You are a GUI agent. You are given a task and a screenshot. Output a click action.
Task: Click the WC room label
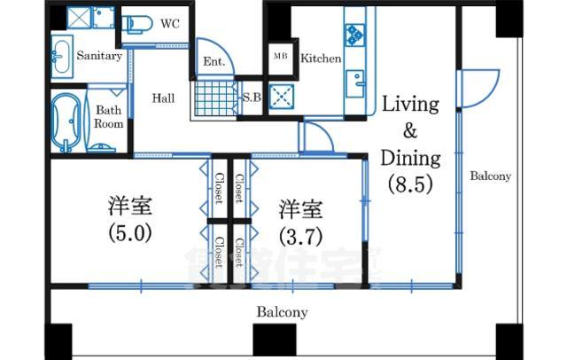coord(169,24)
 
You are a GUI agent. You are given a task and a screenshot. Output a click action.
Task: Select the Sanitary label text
coord(98,55)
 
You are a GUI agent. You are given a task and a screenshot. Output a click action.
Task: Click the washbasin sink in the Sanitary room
coord(61,59)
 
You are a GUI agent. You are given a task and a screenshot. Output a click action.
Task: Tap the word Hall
coord(162,98)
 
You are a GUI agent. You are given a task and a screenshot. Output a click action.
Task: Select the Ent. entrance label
coord(213,62)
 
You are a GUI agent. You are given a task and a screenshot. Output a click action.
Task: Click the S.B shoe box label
coord(252,97)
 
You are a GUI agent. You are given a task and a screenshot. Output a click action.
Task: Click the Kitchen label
coord(320,59)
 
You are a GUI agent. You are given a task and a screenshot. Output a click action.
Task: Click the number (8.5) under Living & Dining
coord(409,185)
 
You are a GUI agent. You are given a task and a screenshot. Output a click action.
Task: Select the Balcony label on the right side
coord(490,176)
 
